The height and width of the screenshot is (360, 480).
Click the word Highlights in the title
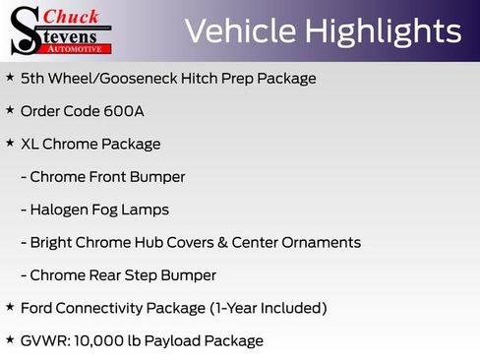384,31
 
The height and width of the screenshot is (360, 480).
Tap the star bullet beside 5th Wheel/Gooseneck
10,77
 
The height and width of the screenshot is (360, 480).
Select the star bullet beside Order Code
10,109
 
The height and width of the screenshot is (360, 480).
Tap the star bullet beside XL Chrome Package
10,143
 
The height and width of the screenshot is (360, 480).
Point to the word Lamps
148,210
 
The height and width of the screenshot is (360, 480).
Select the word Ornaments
320,242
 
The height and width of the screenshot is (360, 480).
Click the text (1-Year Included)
269,308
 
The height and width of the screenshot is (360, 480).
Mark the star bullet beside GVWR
10,340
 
